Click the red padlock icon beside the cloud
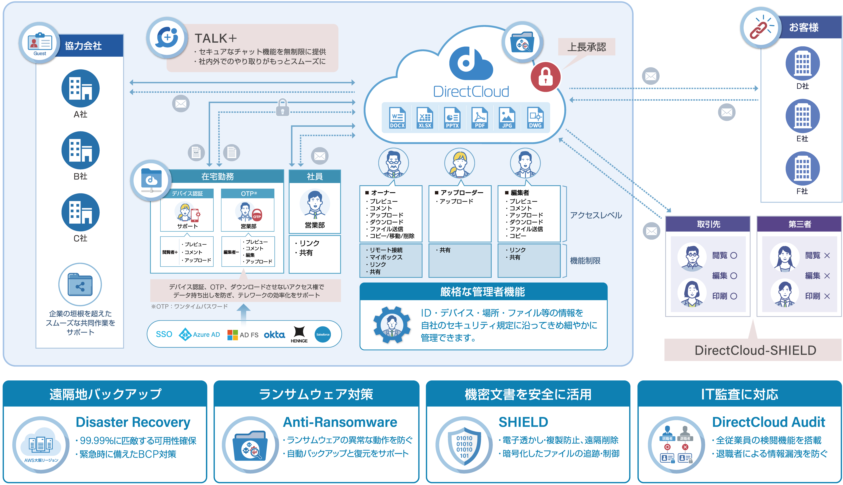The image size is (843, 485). (546, 77)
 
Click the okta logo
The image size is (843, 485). (274, 334)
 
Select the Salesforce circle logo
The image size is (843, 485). (323, 334)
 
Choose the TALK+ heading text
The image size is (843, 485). (216, 38)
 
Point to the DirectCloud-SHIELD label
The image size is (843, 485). (755, 350)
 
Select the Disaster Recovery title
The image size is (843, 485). (133, 422)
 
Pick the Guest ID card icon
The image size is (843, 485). (40, 43)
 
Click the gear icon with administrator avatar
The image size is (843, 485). (392, 324)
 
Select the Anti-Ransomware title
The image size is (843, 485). (340, 422)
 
